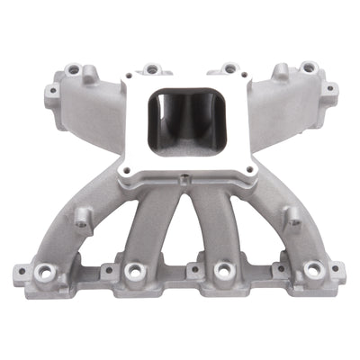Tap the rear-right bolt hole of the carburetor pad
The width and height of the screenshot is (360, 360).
(230, 67)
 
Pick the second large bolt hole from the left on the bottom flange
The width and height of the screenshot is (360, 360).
(133, 270)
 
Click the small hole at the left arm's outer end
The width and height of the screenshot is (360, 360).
(51, 90)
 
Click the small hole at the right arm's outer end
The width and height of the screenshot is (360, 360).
(330, 88)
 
